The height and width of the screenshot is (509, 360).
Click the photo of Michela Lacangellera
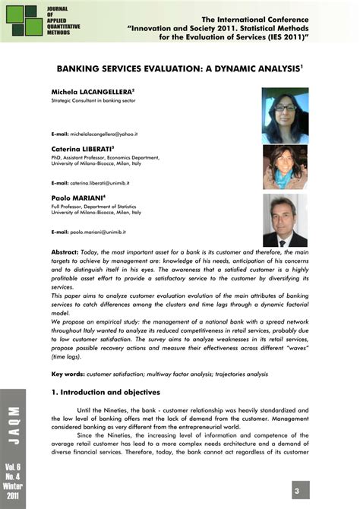point(285,115)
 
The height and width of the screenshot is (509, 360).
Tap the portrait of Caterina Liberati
point(285,167)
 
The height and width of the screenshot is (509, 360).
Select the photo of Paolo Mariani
point(285,220)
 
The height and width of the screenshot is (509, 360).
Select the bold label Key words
point(68,374)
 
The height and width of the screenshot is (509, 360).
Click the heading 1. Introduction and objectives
point(106,392)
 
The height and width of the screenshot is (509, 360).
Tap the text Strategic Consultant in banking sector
point(91,100)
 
